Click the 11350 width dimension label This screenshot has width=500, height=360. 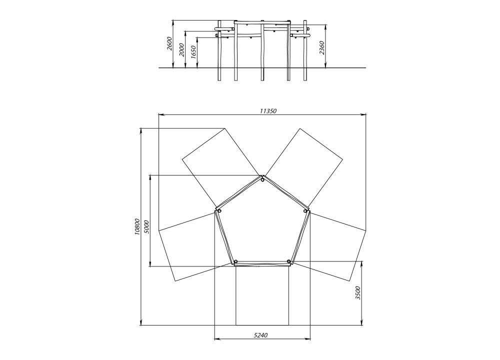(268, 111)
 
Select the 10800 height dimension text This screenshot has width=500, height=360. (137, 226)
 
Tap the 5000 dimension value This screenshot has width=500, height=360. (146, 226)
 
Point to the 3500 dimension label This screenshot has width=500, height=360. (358, 292)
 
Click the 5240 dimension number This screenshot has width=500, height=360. (260, 335)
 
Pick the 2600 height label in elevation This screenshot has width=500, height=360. (169, 43)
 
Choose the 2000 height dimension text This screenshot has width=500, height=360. (182, 49)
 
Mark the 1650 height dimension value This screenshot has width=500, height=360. (193, 52)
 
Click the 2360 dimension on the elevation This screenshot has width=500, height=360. (321, 48)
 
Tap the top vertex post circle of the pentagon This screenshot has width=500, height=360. (262, 180)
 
